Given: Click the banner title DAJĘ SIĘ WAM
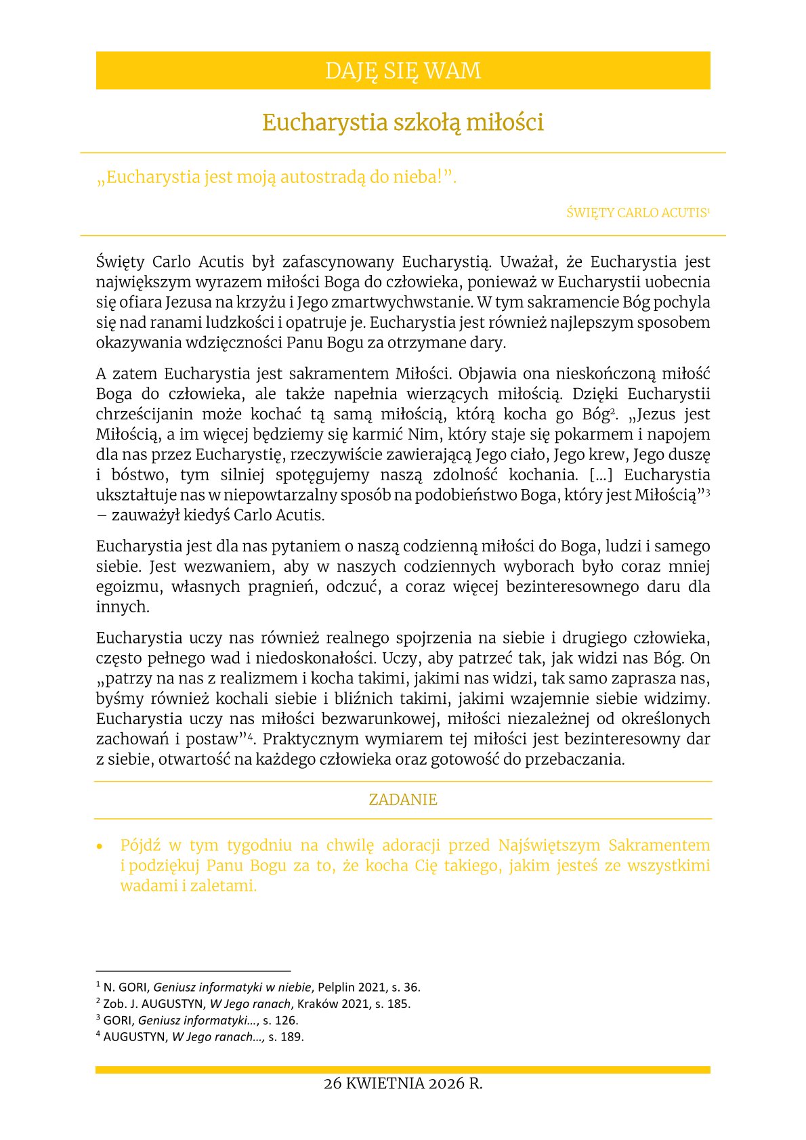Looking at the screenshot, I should point(402,70).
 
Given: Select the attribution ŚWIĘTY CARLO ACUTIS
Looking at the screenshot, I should point(637,213).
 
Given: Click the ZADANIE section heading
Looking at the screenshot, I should point(402,800).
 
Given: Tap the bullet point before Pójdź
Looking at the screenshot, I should point(100,847).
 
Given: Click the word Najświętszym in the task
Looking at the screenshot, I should point(548,845).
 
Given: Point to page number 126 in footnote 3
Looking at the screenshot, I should point(287,1020).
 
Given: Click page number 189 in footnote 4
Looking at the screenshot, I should point(293,1036).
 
